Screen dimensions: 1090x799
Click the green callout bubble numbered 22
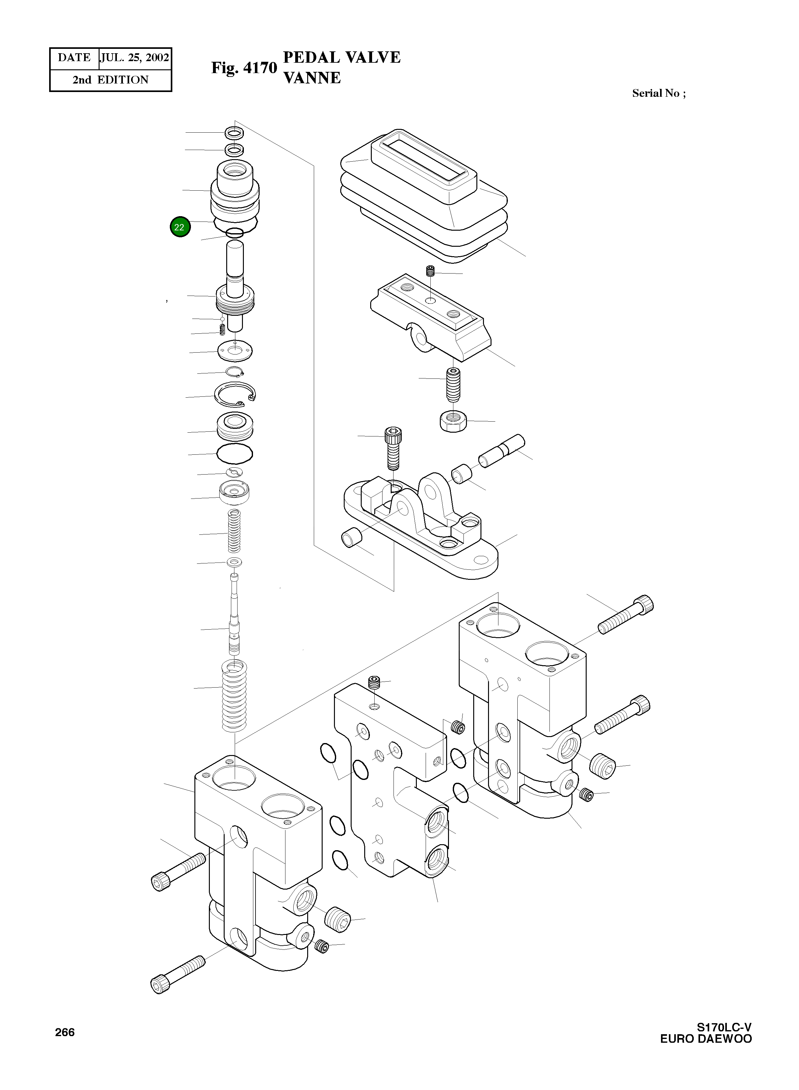point(180,227)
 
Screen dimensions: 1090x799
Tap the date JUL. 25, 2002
point(135,58)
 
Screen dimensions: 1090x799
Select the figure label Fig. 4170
point(244,68)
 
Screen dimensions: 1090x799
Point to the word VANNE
point(312,78)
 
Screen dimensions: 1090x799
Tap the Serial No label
point(658,93)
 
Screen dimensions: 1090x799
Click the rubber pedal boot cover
point(423,198)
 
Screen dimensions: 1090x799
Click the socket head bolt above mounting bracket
point(393,447)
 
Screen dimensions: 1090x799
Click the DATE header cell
point(74,58)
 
